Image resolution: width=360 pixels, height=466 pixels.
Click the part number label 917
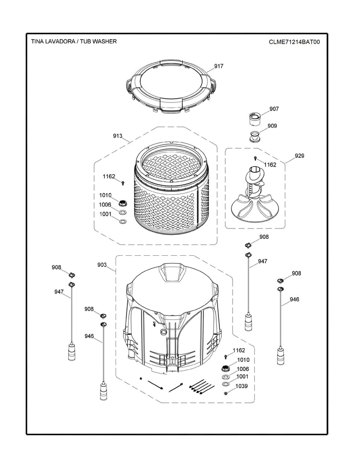tap(218, 66)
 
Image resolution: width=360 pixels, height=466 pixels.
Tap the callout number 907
tap(274, 109)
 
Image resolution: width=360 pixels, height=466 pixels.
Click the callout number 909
tap(272, 126)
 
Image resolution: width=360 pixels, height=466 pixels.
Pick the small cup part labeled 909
tap(256, 136)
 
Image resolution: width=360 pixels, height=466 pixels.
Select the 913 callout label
tap(117, 136)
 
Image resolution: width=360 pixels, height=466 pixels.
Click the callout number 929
tap(299, 156)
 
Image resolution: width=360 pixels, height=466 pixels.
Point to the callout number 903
tap(101, 264)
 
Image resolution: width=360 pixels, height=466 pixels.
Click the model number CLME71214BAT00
tap(294, 41)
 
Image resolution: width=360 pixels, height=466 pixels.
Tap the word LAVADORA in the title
tap(58, 41)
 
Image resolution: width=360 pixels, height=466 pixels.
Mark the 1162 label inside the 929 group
tap(270, 165)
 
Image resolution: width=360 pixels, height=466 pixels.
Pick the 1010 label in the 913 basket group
tap(105, 195)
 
